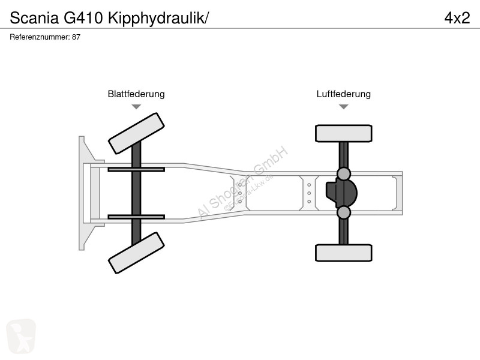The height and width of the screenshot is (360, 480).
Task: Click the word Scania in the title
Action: coord(34,18)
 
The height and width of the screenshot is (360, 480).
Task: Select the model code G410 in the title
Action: coord(83,18)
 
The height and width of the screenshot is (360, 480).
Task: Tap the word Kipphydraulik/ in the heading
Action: coord(158,19)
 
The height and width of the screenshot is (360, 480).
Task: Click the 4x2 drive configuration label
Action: coord(457,18)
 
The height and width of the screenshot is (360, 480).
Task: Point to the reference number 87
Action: coord(76,37)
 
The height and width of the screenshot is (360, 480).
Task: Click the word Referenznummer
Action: coord(40,37)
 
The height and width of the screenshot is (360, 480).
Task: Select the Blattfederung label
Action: coord(136,94)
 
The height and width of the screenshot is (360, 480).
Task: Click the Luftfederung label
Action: coord(343,94)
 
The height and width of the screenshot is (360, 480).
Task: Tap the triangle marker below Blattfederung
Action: coord(136,107)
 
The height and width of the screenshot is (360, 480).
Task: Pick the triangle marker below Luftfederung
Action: coord(344,107)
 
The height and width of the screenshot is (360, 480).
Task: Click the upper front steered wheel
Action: coord(136,133)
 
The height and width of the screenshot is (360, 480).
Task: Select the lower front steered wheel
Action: coord(136,253)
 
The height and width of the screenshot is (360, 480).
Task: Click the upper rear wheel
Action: coord(344,133)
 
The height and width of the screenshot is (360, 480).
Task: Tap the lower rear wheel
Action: coord(344,253)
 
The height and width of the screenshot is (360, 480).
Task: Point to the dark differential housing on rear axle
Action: coord(341,193)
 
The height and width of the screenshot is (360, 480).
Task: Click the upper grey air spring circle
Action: coord(344,174)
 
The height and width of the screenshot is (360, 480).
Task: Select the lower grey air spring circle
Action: coord(344,212)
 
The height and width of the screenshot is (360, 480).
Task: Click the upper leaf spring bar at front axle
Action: coord(136,169)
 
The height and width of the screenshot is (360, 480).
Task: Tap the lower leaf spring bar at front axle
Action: coord(136,217)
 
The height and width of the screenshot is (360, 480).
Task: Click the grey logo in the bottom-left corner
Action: coord(21,336)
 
